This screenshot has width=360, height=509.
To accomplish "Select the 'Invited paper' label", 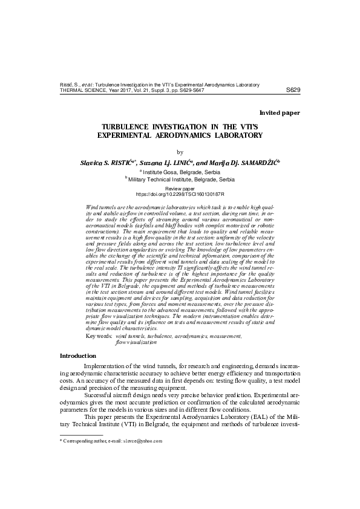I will point(280,113).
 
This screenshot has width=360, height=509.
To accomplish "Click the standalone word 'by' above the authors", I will point(179,152).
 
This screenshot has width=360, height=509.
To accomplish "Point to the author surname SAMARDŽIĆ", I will point(257,163).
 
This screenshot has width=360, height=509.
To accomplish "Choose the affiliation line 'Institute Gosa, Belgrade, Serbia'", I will point(181,172).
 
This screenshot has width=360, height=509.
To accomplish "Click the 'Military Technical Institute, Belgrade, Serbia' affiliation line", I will point(181,180).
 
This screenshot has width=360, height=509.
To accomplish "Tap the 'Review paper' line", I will point(180,189).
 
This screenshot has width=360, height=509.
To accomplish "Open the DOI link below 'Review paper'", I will point(180,195).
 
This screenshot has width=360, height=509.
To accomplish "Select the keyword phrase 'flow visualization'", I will point(136,342).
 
